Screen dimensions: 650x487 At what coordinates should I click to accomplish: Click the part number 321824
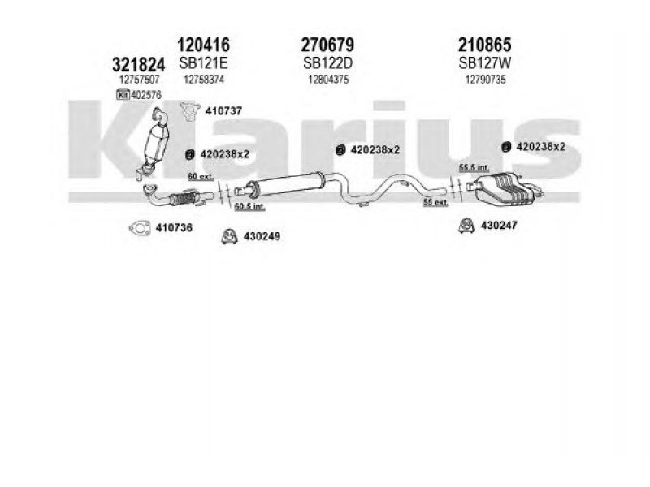coord(138,65)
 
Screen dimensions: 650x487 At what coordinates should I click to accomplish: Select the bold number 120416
coord(203,45)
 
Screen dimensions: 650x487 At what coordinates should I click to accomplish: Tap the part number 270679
coord(327,45)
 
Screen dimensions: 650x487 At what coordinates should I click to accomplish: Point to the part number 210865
coord(484,45)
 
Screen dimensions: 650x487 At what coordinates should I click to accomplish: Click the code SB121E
coord(203,63)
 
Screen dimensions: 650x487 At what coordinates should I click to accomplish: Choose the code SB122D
coord(327,63)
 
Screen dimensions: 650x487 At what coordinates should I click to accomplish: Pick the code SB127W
coord(484,63)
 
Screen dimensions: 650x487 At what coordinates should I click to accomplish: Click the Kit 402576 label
coord(139,95)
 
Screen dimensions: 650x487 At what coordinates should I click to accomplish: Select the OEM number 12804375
coord(328,80)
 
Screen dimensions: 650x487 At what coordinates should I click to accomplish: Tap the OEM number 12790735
coord(485,80)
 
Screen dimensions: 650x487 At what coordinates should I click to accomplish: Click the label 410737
coord(223,111)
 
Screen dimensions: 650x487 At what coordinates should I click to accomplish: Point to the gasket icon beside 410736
coord(140,228)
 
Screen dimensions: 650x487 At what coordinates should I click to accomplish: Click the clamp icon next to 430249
coord(229,236)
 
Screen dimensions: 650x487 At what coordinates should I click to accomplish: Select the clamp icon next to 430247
coord(466,226)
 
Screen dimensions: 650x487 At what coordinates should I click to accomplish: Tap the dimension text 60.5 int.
coord(249,206)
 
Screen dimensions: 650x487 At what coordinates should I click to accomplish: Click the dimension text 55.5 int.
coord(474,168)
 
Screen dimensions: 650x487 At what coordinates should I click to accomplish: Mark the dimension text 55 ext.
coord(435,202)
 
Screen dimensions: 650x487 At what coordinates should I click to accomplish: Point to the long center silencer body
coord(286,184)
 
